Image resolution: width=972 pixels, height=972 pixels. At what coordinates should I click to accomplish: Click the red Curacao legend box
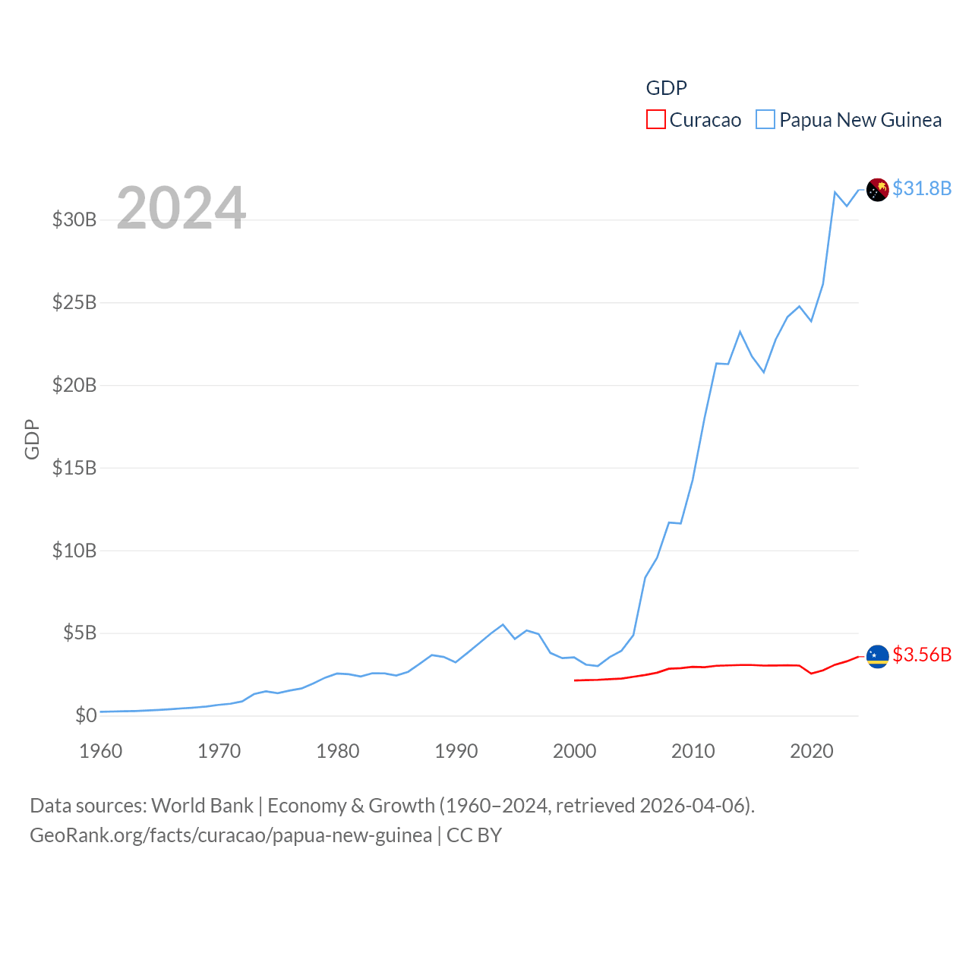pyautogui.click(x=655, y=120)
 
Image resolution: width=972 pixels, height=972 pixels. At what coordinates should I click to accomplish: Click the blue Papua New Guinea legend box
pyautogui.click(x=765, y=120)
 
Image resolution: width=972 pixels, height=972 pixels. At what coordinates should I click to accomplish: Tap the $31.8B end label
pyautogui.click(x=922, y=188)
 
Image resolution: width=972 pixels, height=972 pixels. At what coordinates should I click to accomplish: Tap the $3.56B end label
pyautogui.click(x=922, y=655)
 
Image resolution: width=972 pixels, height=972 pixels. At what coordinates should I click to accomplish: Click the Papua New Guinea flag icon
pyautogui.click(x=878, y=190)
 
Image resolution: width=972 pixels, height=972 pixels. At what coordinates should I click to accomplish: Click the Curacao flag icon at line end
pyautogui.click(x=878, y=656)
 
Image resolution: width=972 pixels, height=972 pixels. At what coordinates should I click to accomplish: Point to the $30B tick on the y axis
pyautogui.click(x=74, y=220)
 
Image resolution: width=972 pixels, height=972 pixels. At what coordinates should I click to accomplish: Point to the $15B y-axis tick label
pyautogui.click(x=74, y=468)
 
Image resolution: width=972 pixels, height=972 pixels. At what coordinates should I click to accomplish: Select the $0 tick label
pyautogui.click(x=86, y=715)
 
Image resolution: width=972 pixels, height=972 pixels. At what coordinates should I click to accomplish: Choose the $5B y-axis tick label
pyautogui.click(x=80, y=633)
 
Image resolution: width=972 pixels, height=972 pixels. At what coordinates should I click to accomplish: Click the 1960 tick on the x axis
pyautogui.click(x=101, y=752)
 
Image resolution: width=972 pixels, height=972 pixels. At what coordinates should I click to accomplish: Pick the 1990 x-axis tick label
pyautogui.click(x=456, y=752)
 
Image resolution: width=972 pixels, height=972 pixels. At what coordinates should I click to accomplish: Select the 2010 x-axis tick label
pyautogui.click(x=693, y=752)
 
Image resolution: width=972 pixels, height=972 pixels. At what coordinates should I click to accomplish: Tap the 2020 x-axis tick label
pyautogui.click(x=812, y=752)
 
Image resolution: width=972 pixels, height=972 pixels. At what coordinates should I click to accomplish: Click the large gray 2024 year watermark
pyautogui.click(x=181, y=208)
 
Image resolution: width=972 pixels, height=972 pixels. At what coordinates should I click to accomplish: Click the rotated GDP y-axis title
pyautogui.click(x=32, y=439)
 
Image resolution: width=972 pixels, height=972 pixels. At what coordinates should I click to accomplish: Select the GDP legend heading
pyautogui.click(x=666, y=88)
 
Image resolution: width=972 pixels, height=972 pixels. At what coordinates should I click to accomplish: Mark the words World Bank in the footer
pyautogui.click(x=202, y=806)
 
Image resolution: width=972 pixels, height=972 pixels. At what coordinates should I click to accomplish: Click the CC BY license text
pyautogui.click(x=474, y=835)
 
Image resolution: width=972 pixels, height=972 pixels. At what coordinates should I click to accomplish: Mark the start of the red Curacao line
pyautogui.click(x=575, y=680)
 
